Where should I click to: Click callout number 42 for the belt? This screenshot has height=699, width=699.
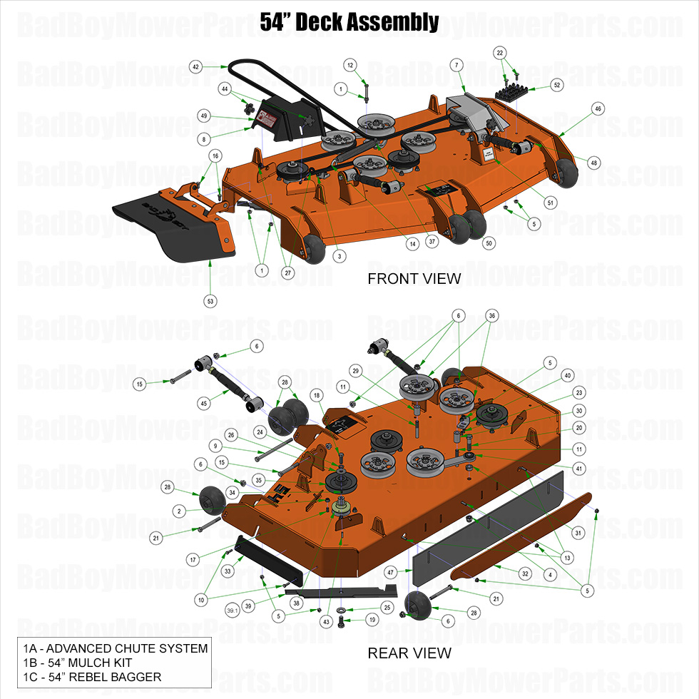point(194,66)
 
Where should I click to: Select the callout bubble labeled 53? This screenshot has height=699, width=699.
point(210,301)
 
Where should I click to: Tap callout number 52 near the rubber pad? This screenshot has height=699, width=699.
point(557,85)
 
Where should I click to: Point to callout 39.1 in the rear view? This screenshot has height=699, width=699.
point(233,611)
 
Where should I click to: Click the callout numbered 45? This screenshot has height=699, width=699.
point(204,404)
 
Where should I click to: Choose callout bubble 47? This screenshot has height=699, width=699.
point(390,572)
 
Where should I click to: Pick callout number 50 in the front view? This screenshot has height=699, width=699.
point(489,243)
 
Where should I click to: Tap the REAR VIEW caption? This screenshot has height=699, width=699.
point(409,653)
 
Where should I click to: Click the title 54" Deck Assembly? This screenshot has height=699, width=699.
point(349,21)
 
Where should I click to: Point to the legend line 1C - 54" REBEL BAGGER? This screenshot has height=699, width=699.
point(91,677)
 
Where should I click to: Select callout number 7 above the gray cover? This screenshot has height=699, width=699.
point(454,65)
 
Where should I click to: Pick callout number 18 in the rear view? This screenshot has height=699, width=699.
point(316,395)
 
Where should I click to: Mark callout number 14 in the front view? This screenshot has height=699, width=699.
point(412,244)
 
